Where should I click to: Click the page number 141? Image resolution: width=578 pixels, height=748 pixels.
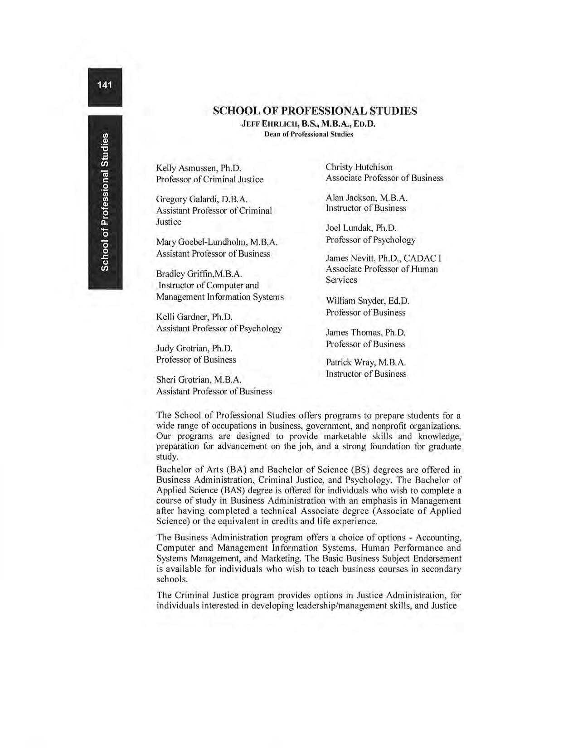(x=105, y=85)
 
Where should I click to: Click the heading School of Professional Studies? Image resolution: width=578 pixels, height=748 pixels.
(x=315, y=111)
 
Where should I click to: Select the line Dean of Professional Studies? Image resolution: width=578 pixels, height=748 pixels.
(x=308, y=134)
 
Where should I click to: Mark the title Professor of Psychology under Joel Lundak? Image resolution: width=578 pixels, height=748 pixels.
(x=370, y=240)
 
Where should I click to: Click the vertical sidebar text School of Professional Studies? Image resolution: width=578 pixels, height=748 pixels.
(x=105, y=202)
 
